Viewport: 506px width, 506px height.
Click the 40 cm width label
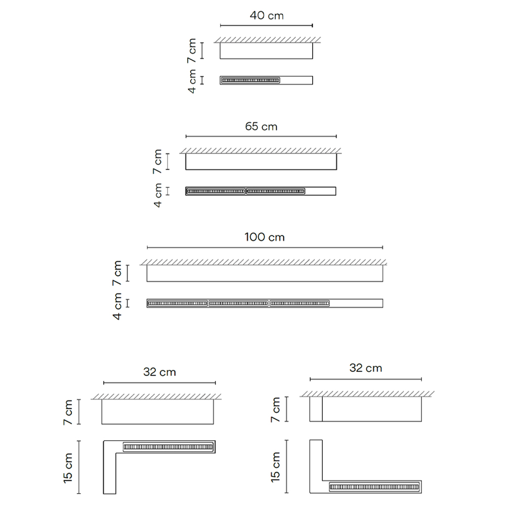pos(267,16)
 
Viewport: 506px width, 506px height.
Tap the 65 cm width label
pos(261,126)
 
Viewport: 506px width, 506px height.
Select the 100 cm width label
pos(265,237)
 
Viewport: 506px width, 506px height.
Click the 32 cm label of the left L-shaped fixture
pos(159,372)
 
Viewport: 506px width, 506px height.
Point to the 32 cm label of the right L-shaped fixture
pos(366,368)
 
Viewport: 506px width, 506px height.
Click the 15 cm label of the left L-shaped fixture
pos(68,468)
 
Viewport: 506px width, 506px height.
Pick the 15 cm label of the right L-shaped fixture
pos(275,467)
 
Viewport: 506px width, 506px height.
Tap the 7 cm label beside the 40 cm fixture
pos(192,51)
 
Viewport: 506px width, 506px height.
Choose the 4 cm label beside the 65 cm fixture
pos(157,195)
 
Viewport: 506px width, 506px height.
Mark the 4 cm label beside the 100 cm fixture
pos(117,306)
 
